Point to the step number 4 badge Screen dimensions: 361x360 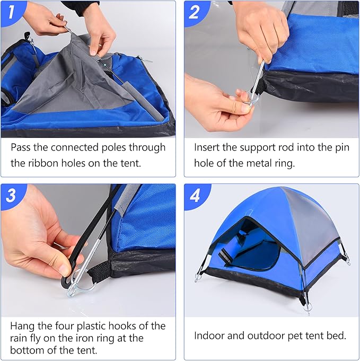point(195,195)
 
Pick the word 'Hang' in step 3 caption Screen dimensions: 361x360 point(23,326)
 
